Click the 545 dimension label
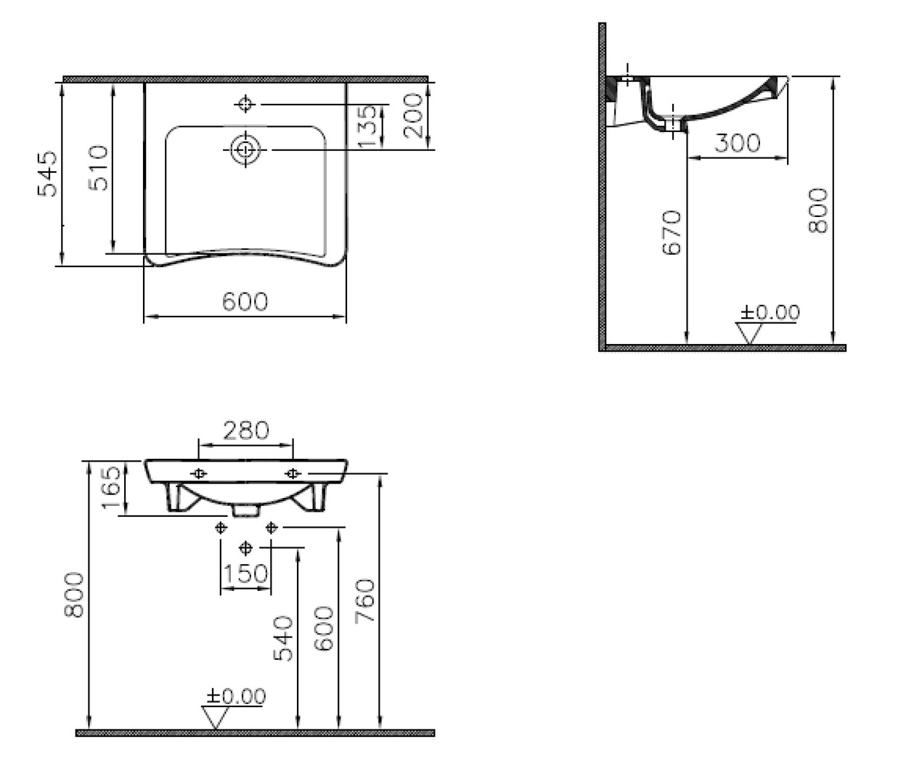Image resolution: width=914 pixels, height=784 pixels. coord(47,173)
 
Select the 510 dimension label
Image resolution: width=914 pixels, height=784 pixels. coord(98,168)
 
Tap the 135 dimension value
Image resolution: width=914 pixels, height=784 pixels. coord(367,126)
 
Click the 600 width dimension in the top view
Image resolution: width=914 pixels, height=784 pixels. coord(245,301)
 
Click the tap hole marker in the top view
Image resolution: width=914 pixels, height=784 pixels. coord(245,105)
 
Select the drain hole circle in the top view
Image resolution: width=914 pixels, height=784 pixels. coord(245,150)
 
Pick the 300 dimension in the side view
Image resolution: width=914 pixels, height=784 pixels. coord(737,143)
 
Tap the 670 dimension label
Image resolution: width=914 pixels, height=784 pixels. coord(672,232)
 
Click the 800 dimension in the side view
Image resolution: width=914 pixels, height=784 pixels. coord(817,210)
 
